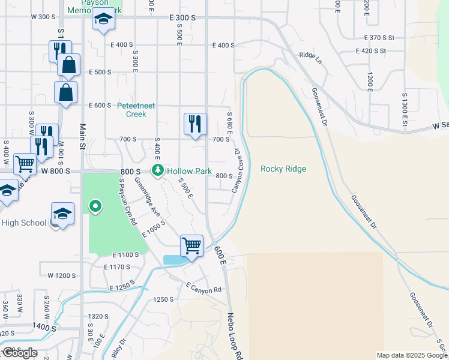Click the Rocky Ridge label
[x=283, y=169]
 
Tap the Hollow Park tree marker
[x=158, y=171]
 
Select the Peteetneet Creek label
[x=136, y=110]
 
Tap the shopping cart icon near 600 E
[x=191, y=245]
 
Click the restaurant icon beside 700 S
[x=194, y=124]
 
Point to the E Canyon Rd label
[x=203, y=288]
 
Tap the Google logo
[x=19, y=353]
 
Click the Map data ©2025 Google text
[x=412, y=355]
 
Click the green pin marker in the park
[x=95, y=208]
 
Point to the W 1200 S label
[x=62, y=275]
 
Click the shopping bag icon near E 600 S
[x=65, y=92]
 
